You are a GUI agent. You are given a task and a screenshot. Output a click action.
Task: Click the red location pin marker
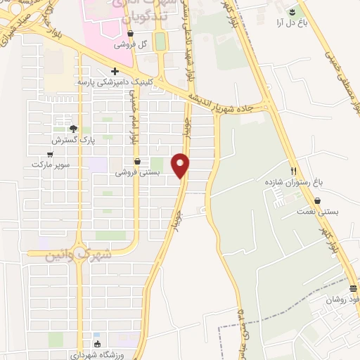[181, 165]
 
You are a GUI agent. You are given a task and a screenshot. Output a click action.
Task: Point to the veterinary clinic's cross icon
[114, 71]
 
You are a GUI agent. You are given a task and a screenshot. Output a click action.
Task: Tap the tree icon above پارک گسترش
[73, 128]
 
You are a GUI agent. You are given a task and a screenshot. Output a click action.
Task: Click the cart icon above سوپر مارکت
[50, 154]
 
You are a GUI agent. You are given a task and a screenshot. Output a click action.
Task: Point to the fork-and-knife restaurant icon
[294, 171]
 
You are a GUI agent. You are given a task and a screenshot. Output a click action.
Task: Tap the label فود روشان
[343, 300]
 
